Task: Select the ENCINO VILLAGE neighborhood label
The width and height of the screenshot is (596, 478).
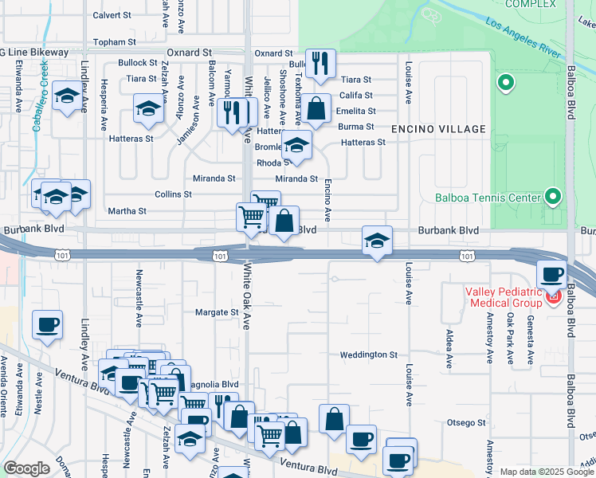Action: [438, 129]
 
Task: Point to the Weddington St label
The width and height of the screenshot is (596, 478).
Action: [368, 355]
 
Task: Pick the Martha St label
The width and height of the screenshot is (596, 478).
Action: [127, 211]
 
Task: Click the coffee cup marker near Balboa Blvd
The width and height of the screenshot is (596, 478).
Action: [552, 274]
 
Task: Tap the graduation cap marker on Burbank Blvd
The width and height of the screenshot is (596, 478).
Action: [377, 240]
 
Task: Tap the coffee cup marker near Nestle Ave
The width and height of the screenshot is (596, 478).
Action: [47, 324]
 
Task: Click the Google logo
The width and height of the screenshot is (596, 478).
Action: [27, 468]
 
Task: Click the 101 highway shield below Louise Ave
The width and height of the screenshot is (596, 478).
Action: [467, 255]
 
